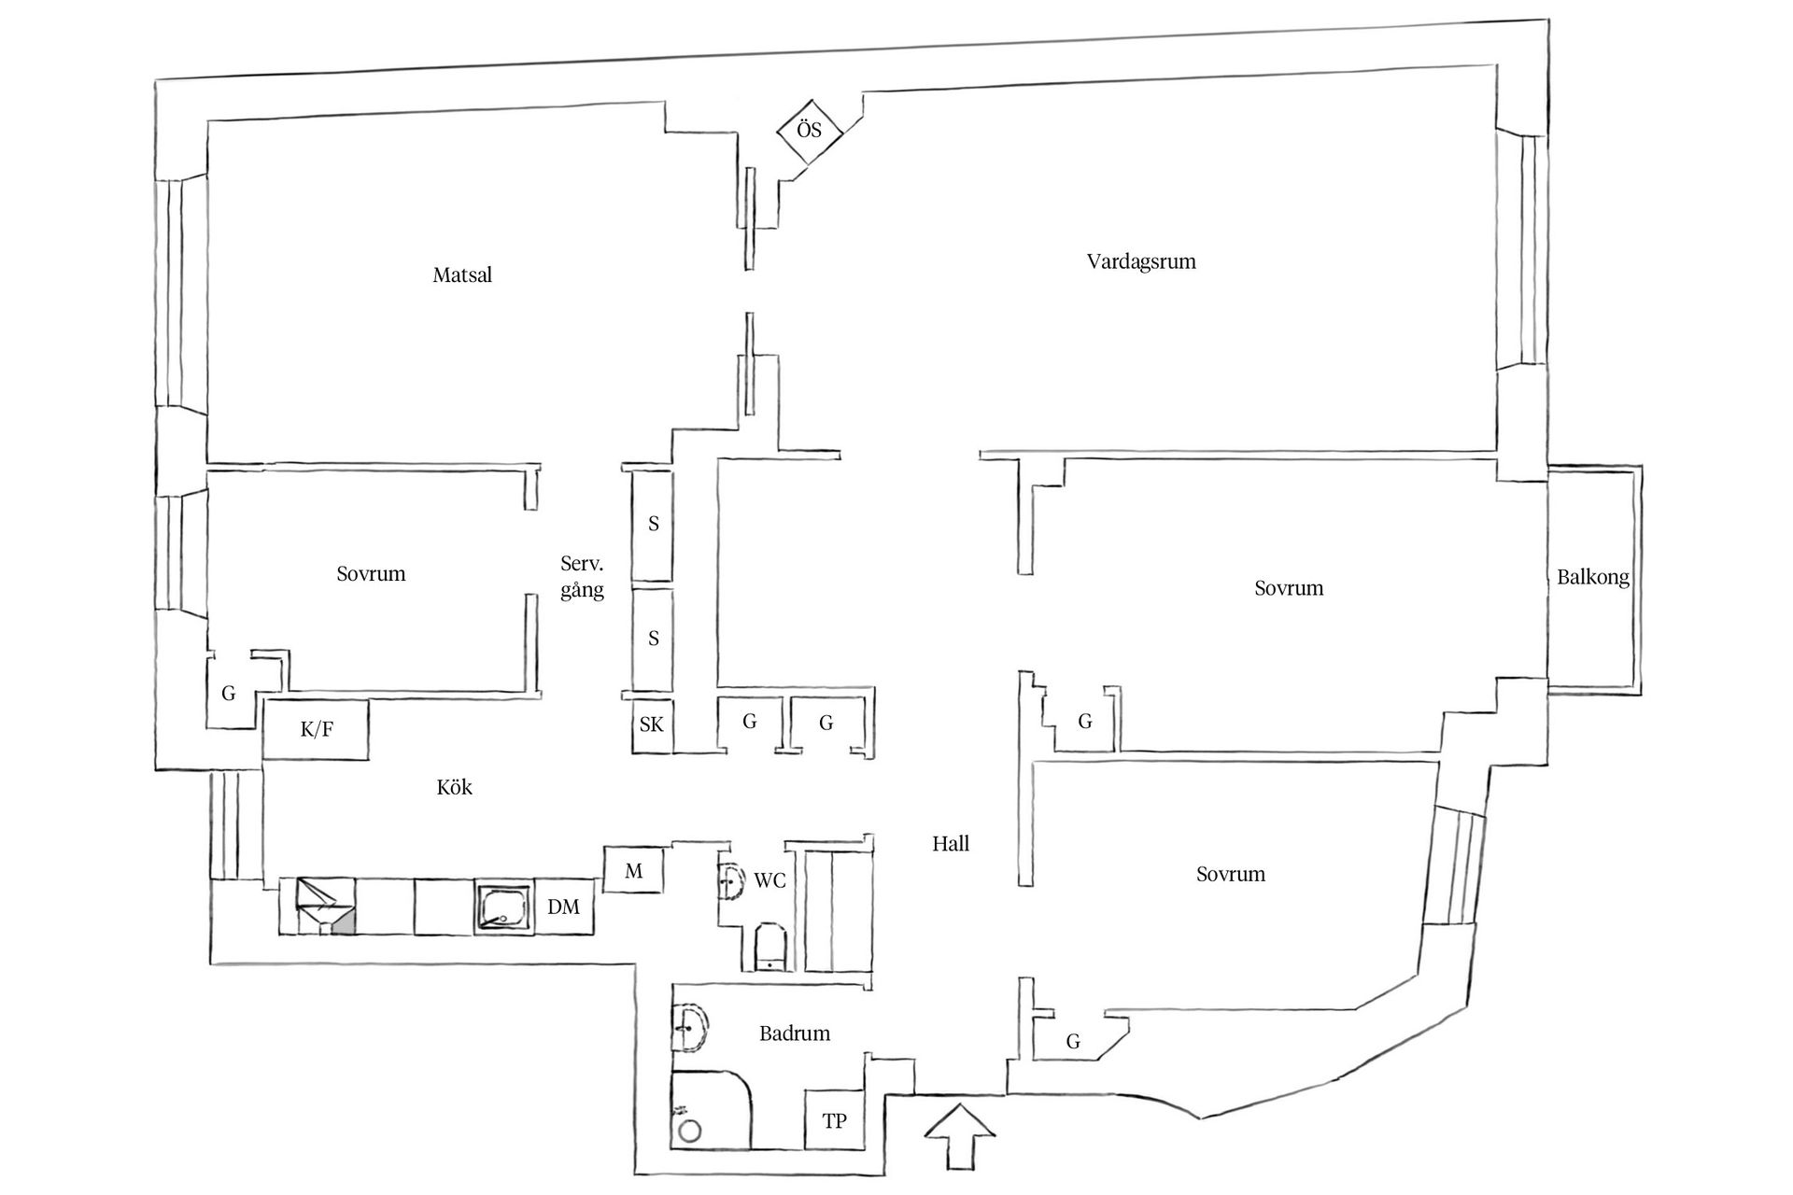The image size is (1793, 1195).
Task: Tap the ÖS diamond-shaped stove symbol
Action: point(810,130)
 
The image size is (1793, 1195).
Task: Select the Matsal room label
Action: point(462,275)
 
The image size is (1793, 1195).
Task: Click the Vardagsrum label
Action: point(1140,261)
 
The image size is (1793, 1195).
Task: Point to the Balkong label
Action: point(1592,577)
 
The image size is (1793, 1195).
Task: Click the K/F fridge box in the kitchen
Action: point(317,729)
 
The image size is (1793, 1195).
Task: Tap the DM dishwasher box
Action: point(563,907)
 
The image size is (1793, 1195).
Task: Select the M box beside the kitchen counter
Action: point(633,870)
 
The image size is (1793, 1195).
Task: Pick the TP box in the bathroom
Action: point(834,1120)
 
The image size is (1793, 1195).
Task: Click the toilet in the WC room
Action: point(770,948)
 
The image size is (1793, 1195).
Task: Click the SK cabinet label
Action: point(652,724)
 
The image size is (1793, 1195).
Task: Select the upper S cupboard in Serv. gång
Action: point(653,524)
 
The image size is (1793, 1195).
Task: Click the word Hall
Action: point(951,844)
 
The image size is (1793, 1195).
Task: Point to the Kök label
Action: point(454,788)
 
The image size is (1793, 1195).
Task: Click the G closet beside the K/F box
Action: point(229,694)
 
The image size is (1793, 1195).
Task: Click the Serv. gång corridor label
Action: point(582,577)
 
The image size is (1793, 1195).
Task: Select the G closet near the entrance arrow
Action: point(1073,1041)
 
